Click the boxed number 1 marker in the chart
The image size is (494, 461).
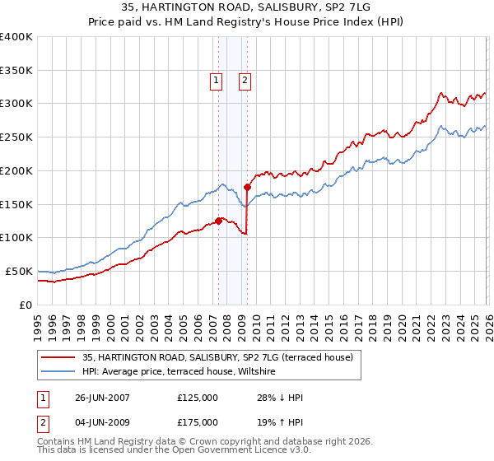(x=216, y=81)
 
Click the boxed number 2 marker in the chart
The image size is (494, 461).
(x=245, y=81)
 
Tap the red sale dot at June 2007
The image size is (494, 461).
(x=218, y=221)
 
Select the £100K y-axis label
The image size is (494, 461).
(x=16, y=238)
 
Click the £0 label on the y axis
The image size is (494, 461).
(x=25, y=305)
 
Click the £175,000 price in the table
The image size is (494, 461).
(x=198, y=422)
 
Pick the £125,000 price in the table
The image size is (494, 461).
(x=198, y=398)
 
